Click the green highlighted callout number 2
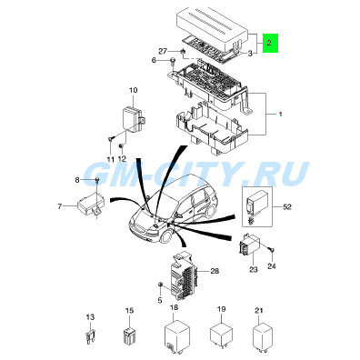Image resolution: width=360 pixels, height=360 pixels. (x=269, y=43)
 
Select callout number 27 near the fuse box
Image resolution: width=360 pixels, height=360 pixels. (x=163, y=51)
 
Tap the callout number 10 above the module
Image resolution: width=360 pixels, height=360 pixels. (x=134, y=90)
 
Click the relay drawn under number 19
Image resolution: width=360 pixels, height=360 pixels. (x=222, y=335)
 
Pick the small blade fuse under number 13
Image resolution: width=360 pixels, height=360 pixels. (x=90, y=336)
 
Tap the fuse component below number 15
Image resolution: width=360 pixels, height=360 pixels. (x=129, y=335)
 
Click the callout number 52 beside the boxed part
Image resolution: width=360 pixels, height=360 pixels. (x=287, y=207)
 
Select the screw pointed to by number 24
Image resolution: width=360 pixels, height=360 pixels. (x=272, y=250)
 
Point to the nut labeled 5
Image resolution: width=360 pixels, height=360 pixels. (x=160, y=285)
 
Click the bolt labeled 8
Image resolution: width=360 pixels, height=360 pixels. (x=97, y=181)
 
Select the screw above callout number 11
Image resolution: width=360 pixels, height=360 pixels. (x=110, y=139)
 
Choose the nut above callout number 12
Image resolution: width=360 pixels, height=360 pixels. (x=121, y=146)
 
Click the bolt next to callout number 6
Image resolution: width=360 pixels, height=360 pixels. (x=173, y=62)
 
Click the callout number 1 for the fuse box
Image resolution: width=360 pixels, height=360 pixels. (x=281, y=115)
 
